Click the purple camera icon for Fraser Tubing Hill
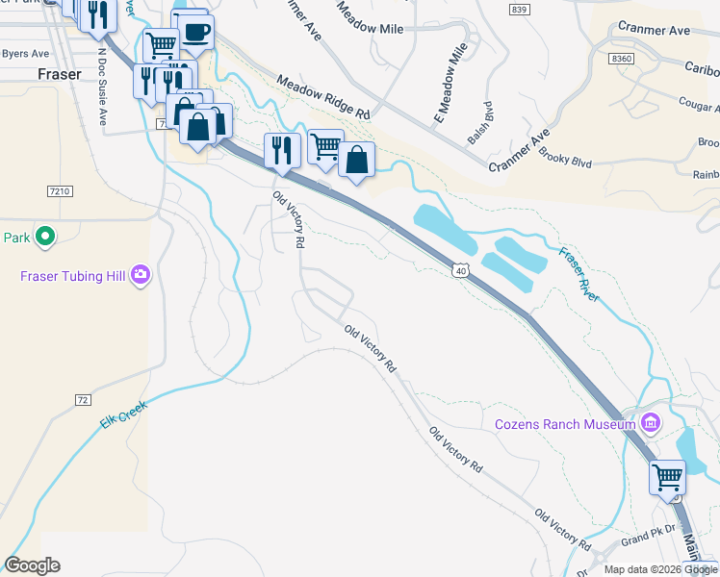(141, 276)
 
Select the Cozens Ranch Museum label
(564, 424)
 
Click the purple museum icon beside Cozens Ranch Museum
(651, 423)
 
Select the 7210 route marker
(59, 192)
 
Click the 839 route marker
(520, 9)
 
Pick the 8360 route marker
(622, 59)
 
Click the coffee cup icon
(196, 32)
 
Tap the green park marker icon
(43, 236)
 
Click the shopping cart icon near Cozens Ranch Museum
(667, 475)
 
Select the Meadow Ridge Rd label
(323, 99)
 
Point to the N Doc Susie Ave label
(101, 96)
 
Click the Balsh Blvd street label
(479, 123)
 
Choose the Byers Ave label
(24, 54)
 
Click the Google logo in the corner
(32, 564)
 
